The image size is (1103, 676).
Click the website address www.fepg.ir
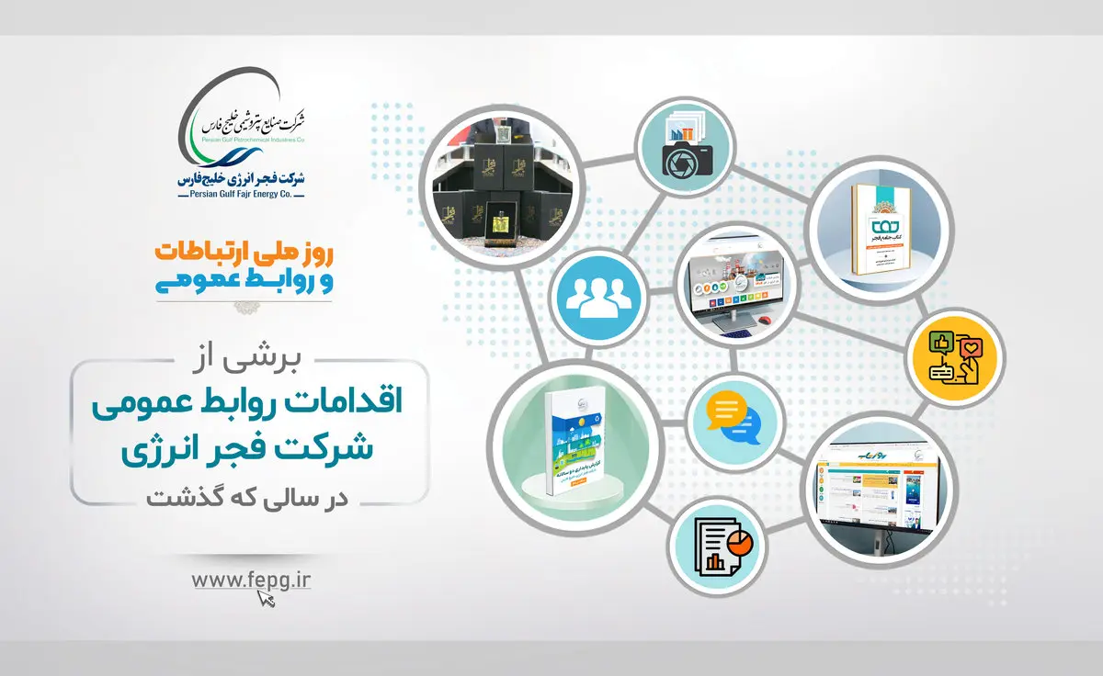click(247, 580)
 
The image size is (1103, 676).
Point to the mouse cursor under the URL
click(267, 598)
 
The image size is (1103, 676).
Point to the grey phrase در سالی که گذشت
click(248, 497)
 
